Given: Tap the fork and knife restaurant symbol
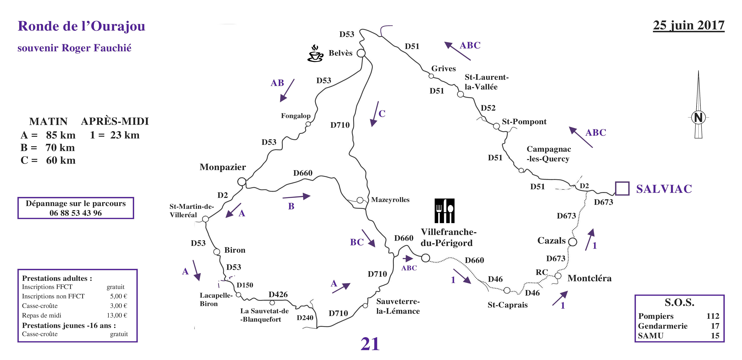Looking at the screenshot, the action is pos(444,211).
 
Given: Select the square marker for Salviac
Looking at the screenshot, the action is pos(622,188).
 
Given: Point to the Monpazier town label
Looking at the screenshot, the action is pos(223,167).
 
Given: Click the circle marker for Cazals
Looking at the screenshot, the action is pos(573,242).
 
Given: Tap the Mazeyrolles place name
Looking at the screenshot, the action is pos(390,200).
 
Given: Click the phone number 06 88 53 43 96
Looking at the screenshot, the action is pos(76,213).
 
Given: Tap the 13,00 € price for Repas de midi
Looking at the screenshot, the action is pos(117,315).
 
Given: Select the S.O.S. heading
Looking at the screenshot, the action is pos(679,302).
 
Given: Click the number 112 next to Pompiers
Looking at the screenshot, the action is pos(713,316).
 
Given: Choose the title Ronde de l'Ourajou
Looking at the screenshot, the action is pos(82,26).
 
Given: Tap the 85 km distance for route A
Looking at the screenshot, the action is pos(61,135).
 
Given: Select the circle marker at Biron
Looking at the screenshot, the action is pos(217,252).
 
